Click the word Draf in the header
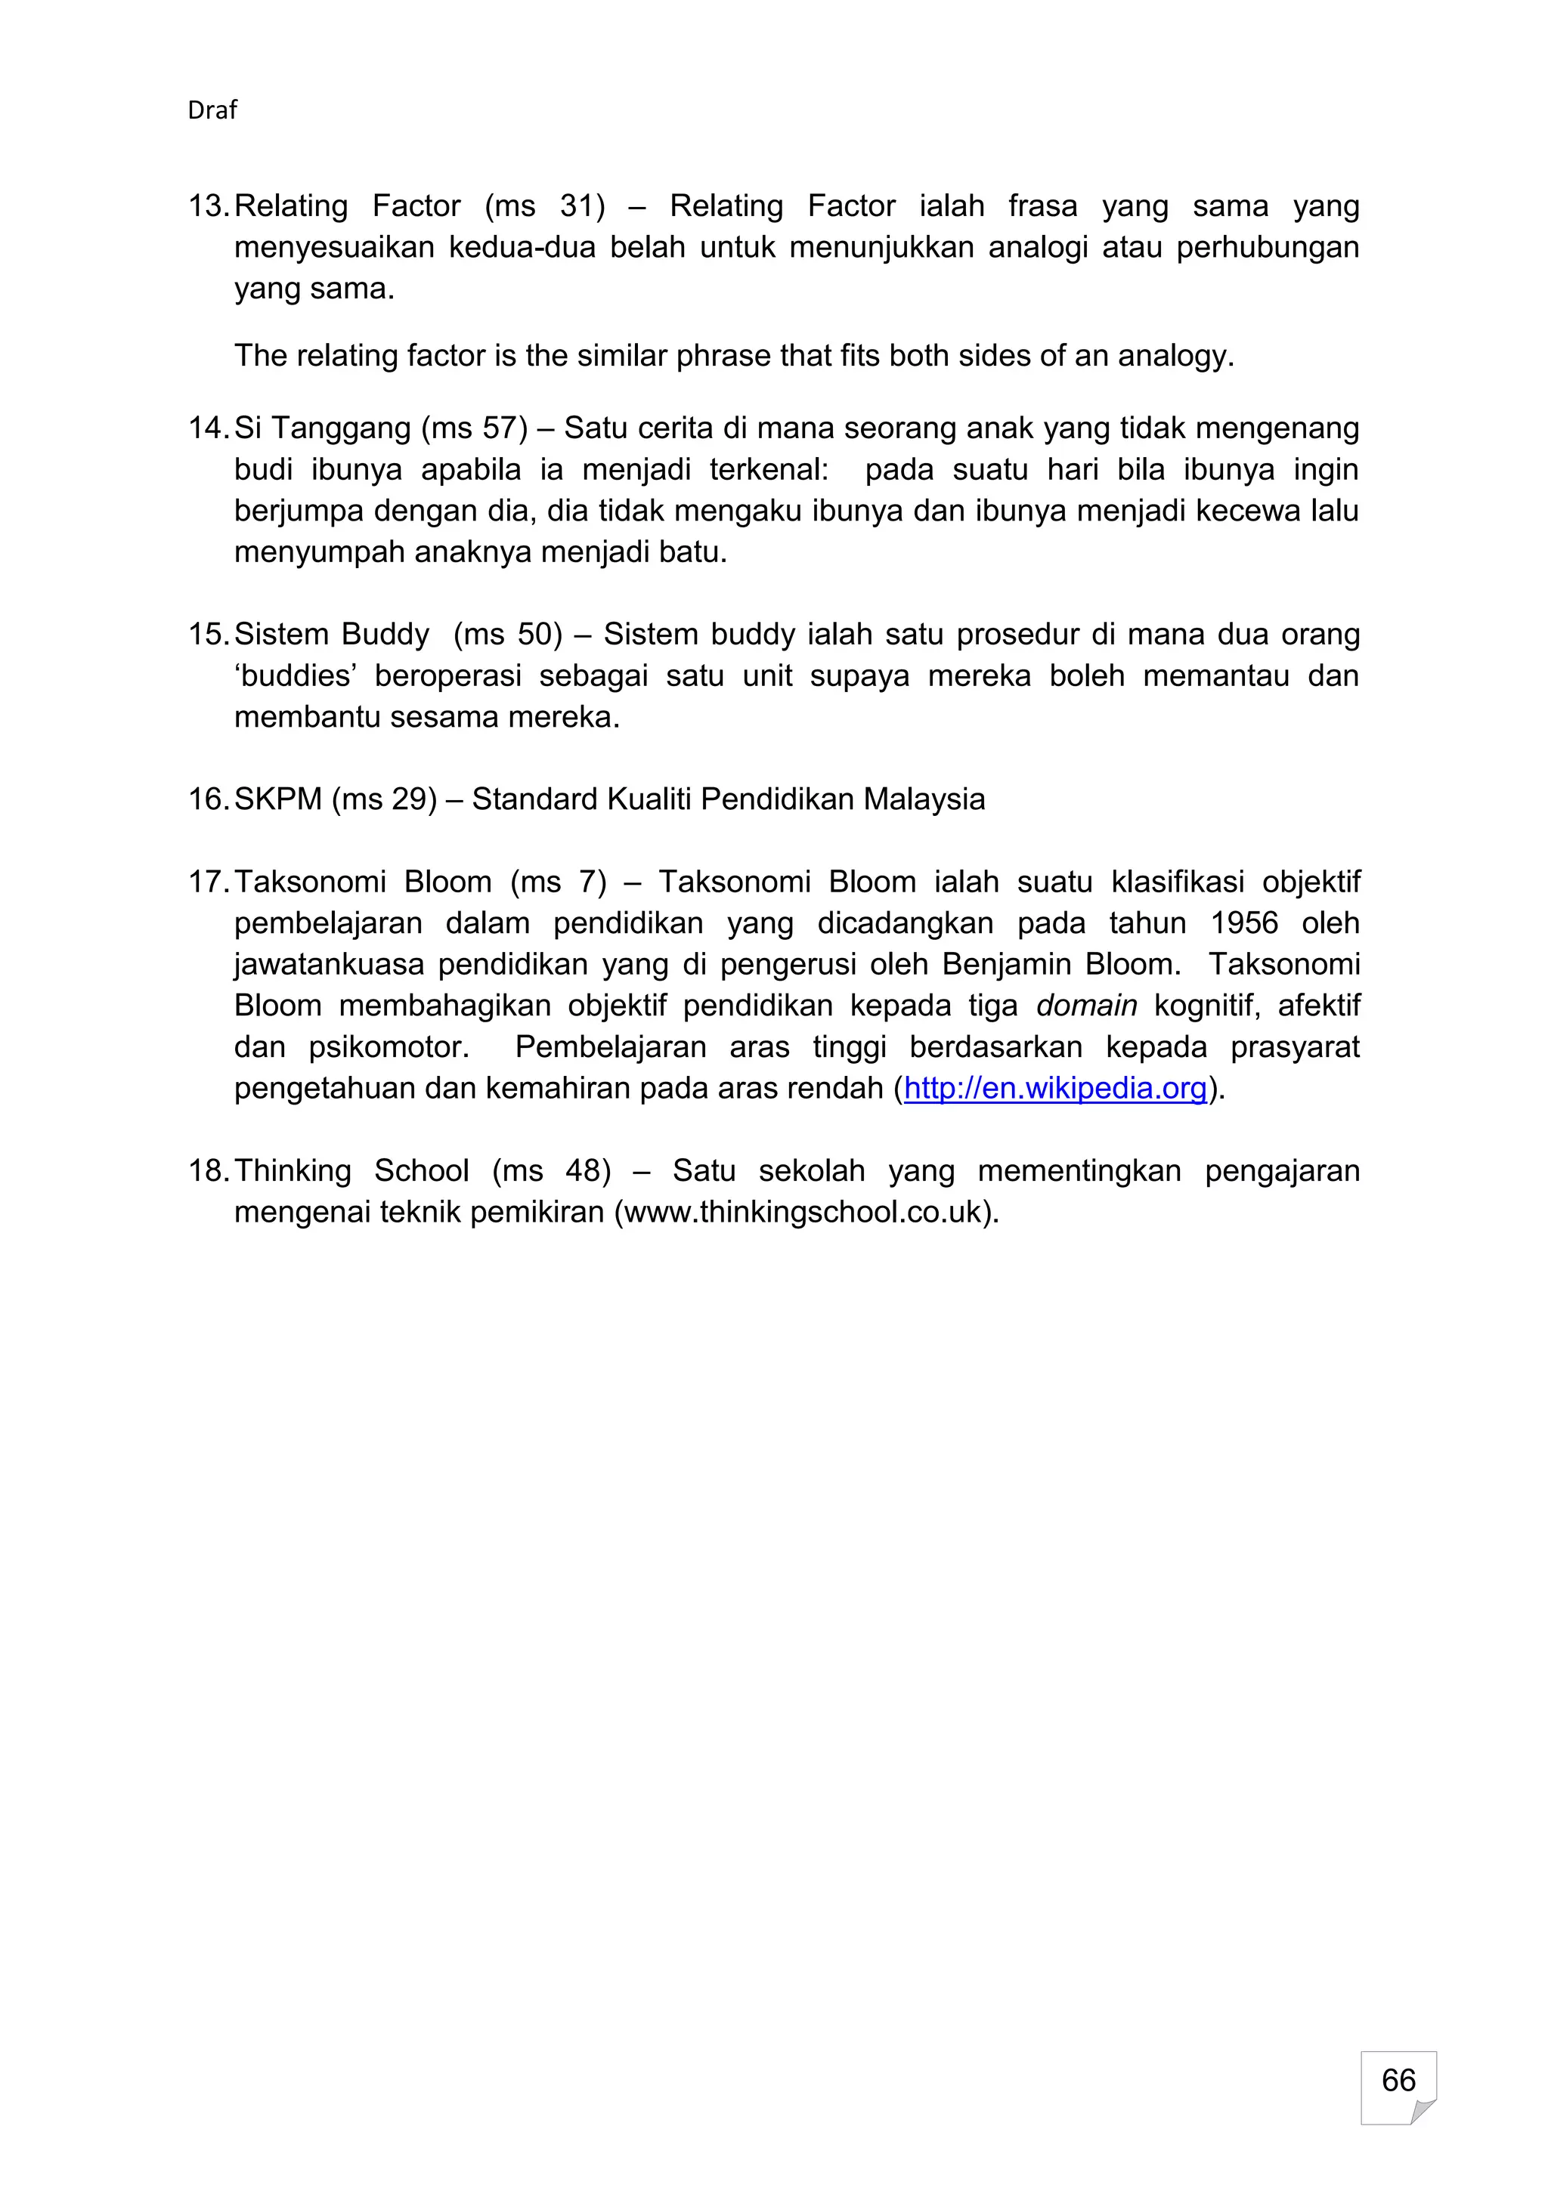coord(212,110)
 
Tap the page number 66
coord(1398,2078)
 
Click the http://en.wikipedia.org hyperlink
coord(1055,1088)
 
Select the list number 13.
coord(207,206)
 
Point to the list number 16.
coord(207,799)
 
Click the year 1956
coord(1244,922)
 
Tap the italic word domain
coord(1087,1006)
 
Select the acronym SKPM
coord(277,799)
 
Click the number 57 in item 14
coord(500,428)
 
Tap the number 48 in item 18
coord(584,1170)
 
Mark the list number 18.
coord(207,1170)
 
